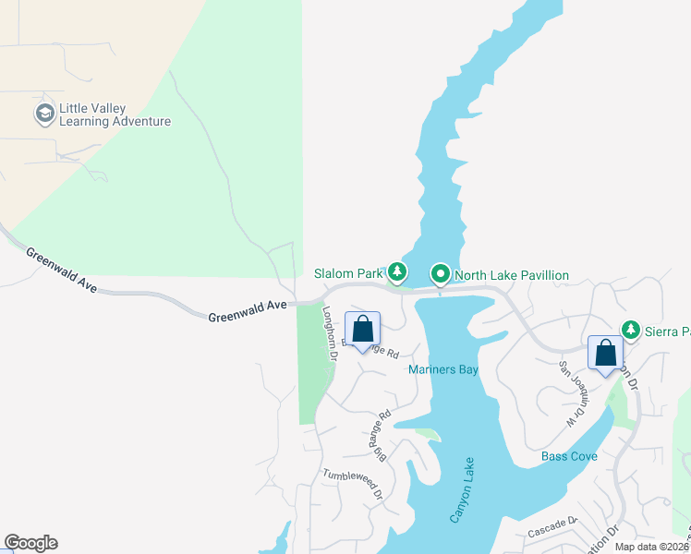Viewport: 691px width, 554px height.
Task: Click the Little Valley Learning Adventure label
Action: pyautogui.click(x=115, y=114)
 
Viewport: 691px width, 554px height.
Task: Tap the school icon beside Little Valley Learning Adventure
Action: pyautogui.click(x=43, y=114)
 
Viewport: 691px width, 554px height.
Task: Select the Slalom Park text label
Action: pyautogui.click(x=347, y=274)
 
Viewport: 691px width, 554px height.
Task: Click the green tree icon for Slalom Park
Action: pyautogui.click(x=397, y=271)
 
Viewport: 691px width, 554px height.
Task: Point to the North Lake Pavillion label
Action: pyautogui.click(x=511, y=275)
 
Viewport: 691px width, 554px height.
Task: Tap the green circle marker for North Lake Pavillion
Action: pyautogui.click(x=441, y=273)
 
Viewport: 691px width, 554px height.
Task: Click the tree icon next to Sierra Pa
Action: pyautogui.click(x=631, y=329)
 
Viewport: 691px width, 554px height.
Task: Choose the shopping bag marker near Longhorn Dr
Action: pyautogui.click(x=362, y=329)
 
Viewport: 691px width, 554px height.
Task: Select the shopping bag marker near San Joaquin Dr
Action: pyautogui.click(x=605, y=353)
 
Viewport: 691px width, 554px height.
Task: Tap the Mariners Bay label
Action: pyautogui.click(x=443, y=370)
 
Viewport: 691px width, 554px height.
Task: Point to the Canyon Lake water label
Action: pyautogui.click(x=462, y=490)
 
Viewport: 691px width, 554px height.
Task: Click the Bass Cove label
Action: pyautogui.click(x=569, y=456)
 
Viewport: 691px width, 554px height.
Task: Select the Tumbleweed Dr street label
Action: pyautogui.click(x=352, y=484)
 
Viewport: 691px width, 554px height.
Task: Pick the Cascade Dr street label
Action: pyautogui.click(x=552, y=527)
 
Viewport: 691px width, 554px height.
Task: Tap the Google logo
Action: pyautogui.click(x=30, y=543)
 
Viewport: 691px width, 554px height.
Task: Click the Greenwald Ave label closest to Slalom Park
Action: pyautogui.click(x=248, y=309)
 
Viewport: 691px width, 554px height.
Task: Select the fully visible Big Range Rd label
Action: pyautogui.click(x=382, y=435)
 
